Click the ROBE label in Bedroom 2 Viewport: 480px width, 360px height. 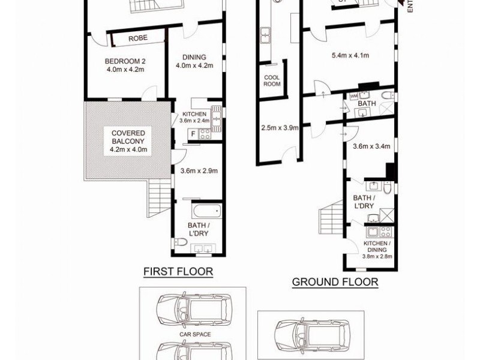click(139, 38)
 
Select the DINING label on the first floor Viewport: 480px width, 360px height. click(194, 58)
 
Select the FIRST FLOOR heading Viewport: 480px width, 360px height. click(178, 272)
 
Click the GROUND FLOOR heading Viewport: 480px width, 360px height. click(335, 282)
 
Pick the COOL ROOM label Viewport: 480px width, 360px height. click(272, 80)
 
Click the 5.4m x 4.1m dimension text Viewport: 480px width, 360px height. click(350, 56)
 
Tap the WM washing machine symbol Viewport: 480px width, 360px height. click(353, 95)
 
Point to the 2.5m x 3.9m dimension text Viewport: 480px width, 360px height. click(280, 127)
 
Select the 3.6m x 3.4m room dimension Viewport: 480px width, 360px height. click(371, 146)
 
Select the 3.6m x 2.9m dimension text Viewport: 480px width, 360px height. click(199, 170)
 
